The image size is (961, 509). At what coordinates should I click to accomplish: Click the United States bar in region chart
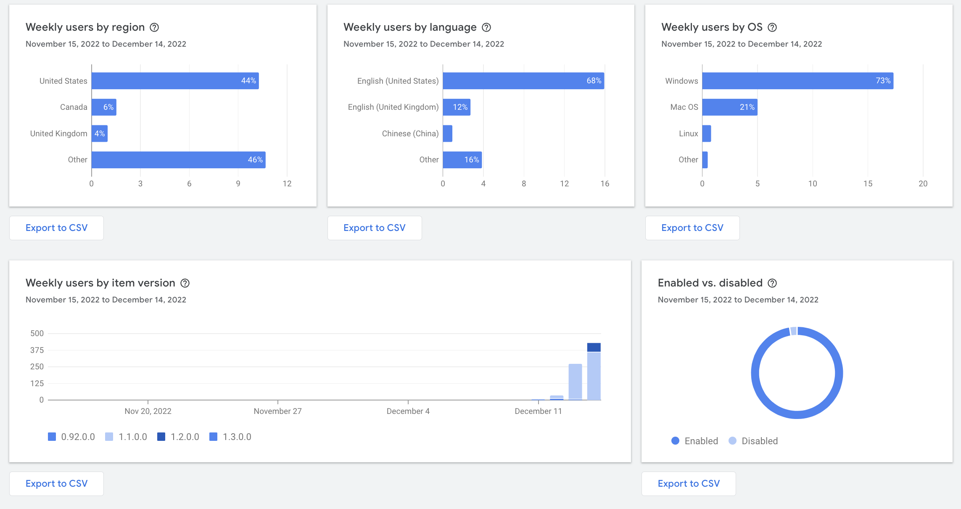click(175, 81)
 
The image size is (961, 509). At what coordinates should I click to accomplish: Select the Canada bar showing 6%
click(104, 107)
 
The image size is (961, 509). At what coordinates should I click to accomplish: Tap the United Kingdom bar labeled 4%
click(100, 133)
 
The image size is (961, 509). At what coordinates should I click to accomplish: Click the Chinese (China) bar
click(448, 133)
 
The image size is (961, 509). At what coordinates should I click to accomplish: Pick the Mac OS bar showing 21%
click(729, 107)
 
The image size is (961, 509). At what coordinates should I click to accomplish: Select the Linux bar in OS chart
click(707, 133)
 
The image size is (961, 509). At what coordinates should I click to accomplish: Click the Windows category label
click(681, 81)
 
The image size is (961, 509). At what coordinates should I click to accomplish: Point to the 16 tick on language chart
click(605, 183)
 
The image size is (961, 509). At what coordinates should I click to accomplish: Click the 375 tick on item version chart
click(37, 350)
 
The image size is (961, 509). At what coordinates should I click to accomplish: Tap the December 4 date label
click(408, 411)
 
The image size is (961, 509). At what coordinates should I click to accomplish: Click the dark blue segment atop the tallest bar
click(594, 347)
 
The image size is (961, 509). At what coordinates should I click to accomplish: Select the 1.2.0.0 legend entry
click(178, 437)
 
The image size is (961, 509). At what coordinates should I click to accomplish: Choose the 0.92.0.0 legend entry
click(71, 437)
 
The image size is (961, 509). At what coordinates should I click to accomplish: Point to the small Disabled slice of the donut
click(794, 331)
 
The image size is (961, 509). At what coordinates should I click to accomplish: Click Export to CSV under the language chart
click(374, 228)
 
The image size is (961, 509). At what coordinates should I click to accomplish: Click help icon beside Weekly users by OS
click(772, 27)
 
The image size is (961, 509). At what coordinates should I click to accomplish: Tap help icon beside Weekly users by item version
click(185, 283)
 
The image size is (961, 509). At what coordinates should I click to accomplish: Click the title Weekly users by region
click(85, 27)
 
